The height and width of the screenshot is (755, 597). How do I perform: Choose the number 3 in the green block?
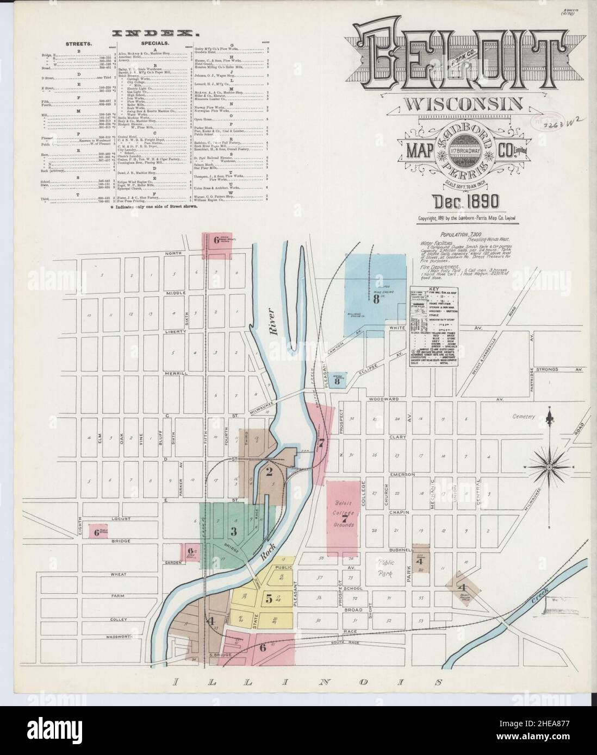[x=234, y=530]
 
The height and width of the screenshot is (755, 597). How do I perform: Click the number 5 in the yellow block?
[x=269, y=599]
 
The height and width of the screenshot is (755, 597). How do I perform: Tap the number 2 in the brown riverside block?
[x=269, y=471]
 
